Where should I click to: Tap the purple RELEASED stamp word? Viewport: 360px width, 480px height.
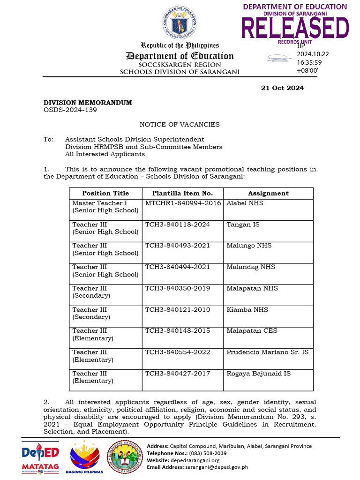[x=295, y=28]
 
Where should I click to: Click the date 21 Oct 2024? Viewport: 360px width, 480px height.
[x=282, y=88]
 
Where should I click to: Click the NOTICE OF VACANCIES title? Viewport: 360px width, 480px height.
[x=180, y=125]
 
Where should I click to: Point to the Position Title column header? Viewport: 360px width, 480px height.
[x=105, y=193]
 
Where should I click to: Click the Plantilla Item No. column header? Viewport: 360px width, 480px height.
[x=182, y=193]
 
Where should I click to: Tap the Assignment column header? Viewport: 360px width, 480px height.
[x=268, y=193]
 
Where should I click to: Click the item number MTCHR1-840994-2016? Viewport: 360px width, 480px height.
[x=183, y=203]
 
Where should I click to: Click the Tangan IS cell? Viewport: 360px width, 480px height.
[x=243, y=225]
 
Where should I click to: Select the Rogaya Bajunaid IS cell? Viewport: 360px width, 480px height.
[x=258, y=374]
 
